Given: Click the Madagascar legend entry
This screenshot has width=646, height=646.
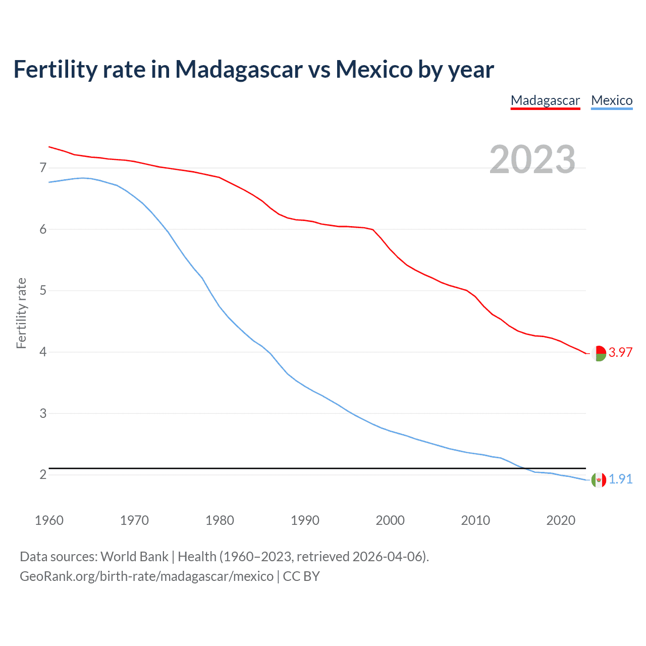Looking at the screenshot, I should [545, 100].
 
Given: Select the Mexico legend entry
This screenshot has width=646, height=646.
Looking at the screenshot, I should [612, 100].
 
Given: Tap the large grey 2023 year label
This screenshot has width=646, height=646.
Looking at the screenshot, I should [532, 159].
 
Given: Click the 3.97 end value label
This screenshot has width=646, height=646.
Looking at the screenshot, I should [620, 353].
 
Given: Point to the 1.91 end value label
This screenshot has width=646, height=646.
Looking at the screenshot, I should [620, 479].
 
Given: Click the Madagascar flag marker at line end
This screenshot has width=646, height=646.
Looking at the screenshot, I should [599, 353].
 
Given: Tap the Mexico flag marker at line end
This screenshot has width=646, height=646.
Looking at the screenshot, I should [599, 480].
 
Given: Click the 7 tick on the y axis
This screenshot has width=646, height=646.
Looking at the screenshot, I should [43, 168].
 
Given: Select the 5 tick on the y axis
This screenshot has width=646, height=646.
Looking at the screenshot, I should [43, 291].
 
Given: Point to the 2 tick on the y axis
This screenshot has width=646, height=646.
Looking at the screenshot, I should [43, 475].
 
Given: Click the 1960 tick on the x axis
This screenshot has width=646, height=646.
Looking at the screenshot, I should [49, 520].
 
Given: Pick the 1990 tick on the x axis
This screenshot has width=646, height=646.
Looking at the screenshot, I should [305, 520].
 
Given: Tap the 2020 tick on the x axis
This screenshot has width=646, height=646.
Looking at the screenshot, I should [561, 520].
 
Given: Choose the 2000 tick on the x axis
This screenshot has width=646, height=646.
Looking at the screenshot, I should [390, 520].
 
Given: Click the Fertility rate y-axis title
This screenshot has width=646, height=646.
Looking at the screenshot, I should [21, 313].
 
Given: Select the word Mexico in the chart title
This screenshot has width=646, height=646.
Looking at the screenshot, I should [374, 69].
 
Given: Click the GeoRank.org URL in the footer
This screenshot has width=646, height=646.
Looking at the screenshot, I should [146, 576].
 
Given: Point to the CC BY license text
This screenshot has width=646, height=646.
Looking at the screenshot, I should [301, 576].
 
